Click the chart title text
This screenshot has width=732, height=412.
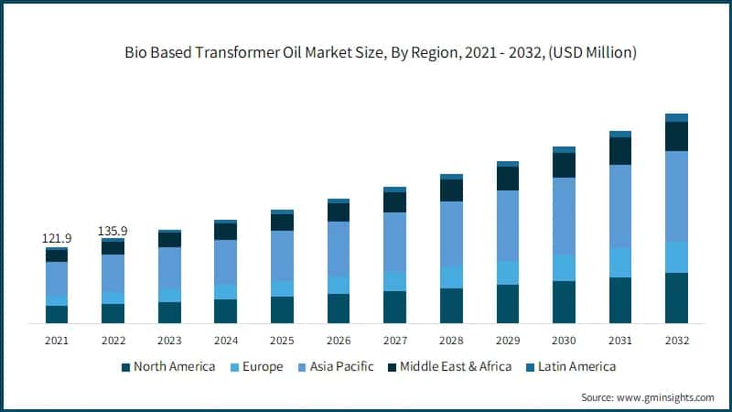[x=381, y=53]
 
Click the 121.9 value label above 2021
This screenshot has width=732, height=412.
[x=57, y=238]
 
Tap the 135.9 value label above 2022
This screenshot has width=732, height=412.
[x=113, y=231]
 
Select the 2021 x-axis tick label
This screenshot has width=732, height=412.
[x=57, y=341]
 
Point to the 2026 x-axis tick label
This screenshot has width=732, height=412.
[x=339, y=341]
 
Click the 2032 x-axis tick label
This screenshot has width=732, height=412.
[x=676, y=341]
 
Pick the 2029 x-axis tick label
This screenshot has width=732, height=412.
[x=507, y=341]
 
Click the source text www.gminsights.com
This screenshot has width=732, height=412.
[x=647, y=397]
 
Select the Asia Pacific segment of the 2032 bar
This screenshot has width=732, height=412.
[x=676, y=196]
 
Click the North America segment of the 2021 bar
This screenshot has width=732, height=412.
[x=57, y=314]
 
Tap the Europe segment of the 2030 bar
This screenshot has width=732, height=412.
[x=564, y=267]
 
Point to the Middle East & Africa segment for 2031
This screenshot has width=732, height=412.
[x=620, y=150]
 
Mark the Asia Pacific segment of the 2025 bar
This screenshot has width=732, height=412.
[x=282, y=255]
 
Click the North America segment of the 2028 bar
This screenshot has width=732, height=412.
[x=451, y=306]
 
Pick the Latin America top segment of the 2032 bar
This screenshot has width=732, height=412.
[x=676, y=117]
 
